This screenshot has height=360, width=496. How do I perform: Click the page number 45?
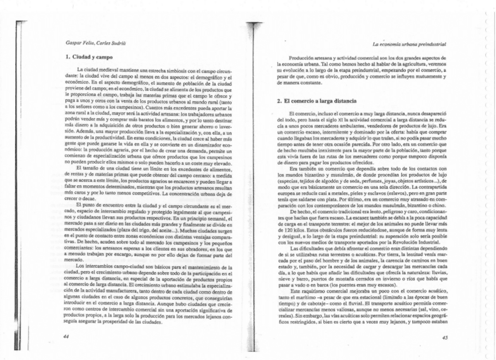(x=445, y=337)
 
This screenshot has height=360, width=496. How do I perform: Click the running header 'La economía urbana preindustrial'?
(x=409, y=44)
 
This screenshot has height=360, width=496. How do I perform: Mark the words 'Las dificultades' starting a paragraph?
(x=307, y=248)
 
